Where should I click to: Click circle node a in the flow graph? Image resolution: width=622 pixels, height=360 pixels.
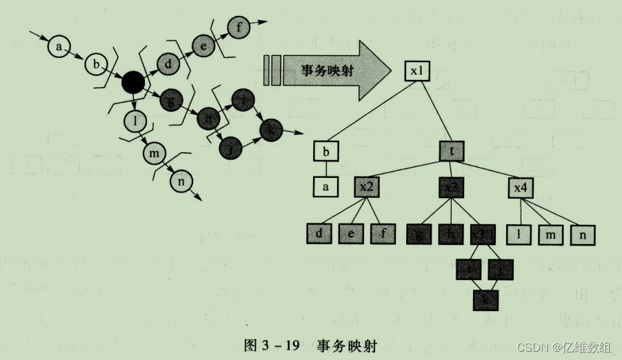tap(59, 47)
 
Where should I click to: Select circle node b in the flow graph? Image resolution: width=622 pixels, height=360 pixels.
tap(96, 66)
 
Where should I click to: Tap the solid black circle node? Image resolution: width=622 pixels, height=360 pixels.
tap(132, 83)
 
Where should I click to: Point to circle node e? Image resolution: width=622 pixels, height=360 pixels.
tap(203, 47)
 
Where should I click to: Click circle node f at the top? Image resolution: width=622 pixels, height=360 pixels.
tap(239, 29)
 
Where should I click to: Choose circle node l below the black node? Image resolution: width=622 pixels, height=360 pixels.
tap(136, 122)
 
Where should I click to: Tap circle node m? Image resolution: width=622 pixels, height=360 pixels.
tap(154, 151)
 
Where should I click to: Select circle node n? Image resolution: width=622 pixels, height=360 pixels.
tap(181, 181)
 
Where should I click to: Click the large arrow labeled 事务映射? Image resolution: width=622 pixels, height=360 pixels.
tap(324, 70)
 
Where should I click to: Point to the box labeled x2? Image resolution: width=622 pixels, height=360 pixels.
tap(366, 186)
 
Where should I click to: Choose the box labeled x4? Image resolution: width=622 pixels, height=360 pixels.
tap(520, 186)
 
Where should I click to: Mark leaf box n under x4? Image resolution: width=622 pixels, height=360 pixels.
tap(583, 234)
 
